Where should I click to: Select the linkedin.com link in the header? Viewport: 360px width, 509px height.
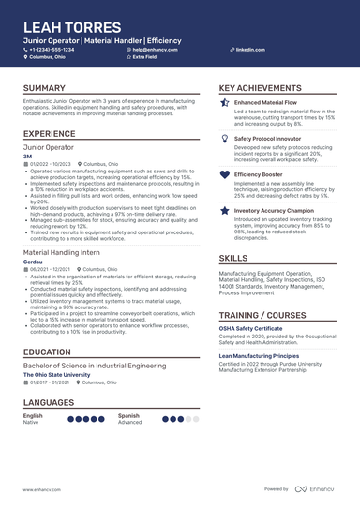point(250,49)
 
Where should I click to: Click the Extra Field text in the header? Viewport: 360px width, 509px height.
point(145,57)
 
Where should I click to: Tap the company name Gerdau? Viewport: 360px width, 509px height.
point(32,262)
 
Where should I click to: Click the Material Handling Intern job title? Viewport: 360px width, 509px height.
point(67,253)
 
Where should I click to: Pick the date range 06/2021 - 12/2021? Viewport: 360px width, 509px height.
point(49,269)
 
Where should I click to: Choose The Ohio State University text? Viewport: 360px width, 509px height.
point(64,375)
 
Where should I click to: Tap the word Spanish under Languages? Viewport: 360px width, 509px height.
point(129,415)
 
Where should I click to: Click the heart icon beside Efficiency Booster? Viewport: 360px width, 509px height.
point(224,174)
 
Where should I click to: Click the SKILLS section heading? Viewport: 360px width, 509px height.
point(233,258)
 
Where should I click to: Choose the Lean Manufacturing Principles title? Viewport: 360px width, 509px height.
point(272,356)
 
